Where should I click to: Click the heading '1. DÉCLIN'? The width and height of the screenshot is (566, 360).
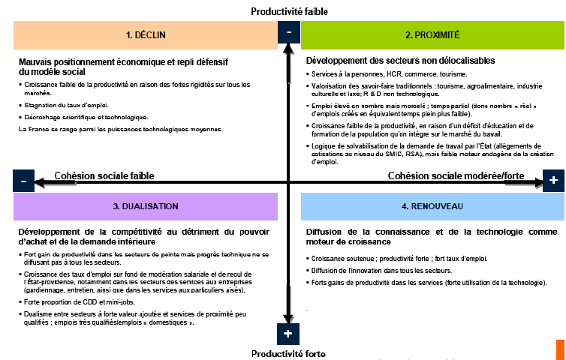[146, 35]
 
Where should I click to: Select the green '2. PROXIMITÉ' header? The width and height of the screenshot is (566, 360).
[432, 35]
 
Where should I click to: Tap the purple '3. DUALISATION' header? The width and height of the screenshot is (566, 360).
[146, 205]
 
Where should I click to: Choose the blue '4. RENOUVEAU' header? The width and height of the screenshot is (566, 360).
[432, 205]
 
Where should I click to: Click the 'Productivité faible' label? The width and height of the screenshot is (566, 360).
[289, 11]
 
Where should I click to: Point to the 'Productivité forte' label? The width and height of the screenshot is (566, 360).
[289, 353]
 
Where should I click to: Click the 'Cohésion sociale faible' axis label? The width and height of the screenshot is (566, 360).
[104, 175]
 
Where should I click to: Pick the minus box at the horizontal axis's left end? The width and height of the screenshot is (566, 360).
[23, 181]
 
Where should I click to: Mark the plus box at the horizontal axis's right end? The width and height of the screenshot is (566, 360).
[553, 181]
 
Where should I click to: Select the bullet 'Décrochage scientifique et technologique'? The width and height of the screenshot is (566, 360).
[86, 117]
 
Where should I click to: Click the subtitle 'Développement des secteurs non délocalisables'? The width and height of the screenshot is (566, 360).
[400, 60]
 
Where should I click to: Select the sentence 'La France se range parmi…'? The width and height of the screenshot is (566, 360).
[121, 129]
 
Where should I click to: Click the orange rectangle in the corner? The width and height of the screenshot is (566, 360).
[560, 349]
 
